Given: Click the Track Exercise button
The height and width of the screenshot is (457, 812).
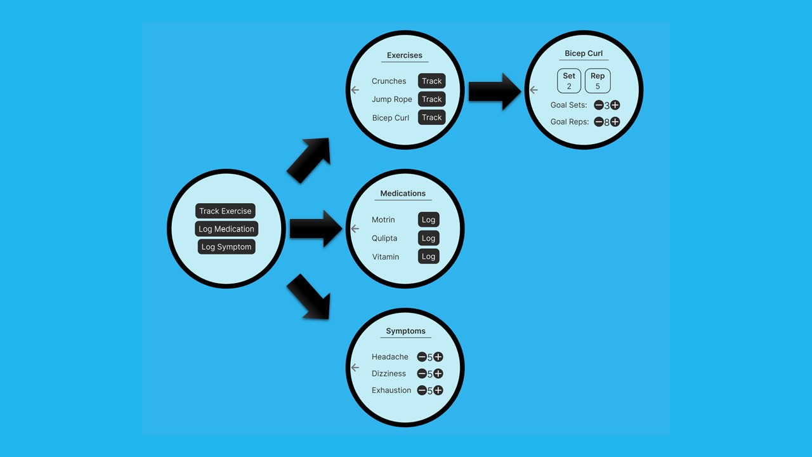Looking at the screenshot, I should coord(225,211).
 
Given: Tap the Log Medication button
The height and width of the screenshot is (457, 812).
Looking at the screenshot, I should coord(226,229).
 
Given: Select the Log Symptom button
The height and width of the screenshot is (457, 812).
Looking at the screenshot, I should coord(226,247).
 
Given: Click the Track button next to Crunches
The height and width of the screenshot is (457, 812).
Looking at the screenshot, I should coord(431,81).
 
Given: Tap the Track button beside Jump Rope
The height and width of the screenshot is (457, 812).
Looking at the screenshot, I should coord(431,99).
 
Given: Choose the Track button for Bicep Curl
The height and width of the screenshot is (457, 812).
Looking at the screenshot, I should coord(431,117).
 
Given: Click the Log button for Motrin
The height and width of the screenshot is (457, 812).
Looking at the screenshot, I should coord(429,220).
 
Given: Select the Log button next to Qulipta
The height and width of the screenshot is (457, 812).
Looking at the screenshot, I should coord(429,238).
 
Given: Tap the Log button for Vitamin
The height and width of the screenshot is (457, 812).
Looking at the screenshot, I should coord(429,256).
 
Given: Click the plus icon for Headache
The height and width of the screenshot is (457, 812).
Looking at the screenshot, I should coord(438,357).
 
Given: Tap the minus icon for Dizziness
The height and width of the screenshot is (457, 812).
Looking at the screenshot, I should coord(422,374).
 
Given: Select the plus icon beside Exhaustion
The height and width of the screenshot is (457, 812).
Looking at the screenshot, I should coord(438,390).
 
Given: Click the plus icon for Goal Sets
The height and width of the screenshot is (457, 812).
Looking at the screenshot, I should coord(615,105).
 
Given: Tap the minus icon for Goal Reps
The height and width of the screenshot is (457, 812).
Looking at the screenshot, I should coord(599,122).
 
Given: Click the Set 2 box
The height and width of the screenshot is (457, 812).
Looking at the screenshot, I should coord(569,81).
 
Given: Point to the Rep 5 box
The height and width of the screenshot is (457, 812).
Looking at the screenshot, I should coord(598,81).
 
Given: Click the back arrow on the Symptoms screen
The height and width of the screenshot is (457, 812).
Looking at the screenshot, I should coord(355,368).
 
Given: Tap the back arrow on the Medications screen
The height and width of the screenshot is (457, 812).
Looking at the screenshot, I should coord(355,228).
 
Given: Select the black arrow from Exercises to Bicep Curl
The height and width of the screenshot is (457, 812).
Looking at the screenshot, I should coord(494,91).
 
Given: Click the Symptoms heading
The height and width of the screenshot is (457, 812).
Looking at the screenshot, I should coord(406,331).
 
